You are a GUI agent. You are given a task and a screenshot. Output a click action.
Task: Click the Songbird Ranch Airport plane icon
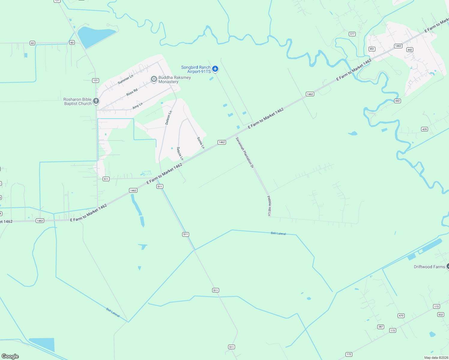click(215, 69)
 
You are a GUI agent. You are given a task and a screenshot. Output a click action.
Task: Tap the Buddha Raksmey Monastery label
click(174, 79)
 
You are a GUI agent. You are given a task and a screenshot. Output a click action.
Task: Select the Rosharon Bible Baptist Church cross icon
click(96, 101)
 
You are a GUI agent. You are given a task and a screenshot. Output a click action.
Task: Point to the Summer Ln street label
click(125, 79)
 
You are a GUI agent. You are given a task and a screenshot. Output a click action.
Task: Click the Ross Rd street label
click(132, 92)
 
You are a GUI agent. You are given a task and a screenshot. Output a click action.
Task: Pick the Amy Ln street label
click(137, 106)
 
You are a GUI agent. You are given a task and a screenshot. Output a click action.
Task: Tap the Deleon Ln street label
click(168, 118)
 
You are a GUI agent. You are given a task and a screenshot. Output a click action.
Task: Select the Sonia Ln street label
click(201, 143)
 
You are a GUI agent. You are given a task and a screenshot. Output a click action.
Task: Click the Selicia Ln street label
click(180, 153)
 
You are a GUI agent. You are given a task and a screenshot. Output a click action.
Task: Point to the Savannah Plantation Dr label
click(245, 152)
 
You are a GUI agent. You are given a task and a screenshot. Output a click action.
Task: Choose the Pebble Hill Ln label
click(269, 206)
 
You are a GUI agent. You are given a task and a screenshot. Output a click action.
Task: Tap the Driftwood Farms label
click(429, 267)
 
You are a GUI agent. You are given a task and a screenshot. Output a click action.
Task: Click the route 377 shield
click(352, 34)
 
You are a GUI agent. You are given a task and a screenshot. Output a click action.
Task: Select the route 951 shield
click(372, 49)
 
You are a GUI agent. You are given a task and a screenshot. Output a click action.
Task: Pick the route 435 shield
click(424, 129)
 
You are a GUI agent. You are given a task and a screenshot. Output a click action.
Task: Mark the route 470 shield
click(401, 316)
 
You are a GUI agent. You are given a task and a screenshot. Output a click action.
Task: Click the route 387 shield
click(381, 327)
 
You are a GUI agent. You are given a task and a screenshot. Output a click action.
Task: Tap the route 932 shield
click(440, 314)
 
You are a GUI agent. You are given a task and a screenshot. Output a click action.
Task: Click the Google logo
click(10, 356)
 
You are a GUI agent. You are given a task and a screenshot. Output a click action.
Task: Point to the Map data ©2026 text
click(436, 358)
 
